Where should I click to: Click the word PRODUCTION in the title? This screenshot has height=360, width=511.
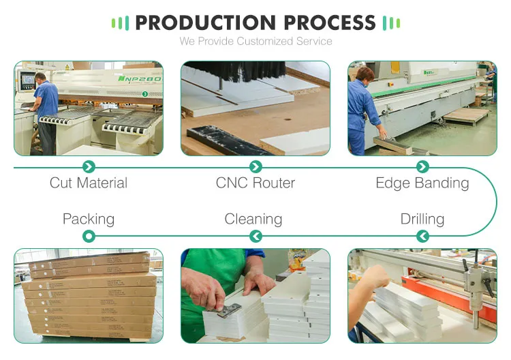206,22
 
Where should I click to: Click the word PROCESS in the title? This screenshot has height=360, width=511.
330,22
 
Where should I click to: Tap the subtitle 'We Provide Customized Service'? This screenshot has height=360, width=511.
255,42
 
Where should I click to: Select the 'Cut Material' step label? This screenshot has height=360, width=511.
89,183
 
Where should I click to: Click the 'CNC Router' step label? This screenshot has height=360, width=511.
255,183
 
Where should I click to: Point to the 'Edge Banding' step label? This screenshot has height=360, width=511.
422,183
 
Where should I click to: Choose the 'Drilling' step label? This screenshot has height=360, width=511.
422,219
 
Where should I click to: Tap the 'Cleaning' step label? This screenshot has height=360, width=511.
253,219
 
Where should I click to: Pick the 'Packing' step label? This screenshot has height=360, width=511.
89,219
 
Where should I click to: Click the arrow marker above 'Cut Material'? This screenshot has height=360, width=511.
89,166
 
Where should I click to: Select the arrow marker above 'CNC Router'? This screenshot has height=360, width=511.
255,166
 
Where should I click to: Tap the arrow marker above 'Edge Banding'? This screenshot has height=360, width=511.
422,166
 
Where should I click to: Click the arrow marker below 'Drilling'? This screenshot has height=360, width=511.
422,236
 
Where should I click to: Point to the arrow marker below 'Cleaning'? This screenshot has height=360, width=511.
255,236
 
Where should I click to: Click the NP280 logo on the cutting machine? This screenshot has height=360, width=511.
139,79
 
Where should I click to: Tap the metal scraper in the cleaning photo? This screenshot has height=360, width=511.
229,310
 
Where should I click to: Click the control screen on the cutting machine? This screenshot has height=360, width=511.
28,79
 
